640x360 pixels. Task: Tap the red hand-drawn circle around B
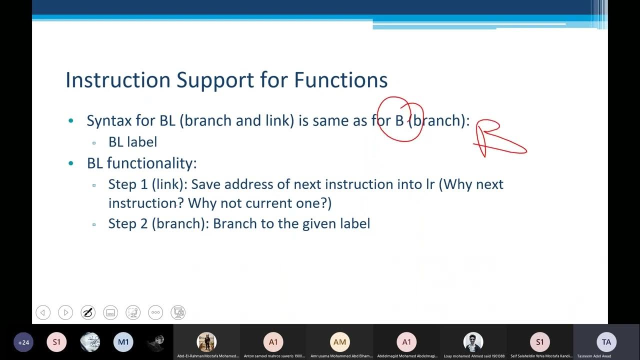coord(400,119)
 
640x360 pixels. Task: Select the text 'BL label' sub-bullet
coord(132,142)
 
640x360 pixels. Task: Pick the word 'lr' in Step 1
coord(430,184)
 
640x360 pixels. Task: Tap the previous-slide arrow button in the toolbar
coord(43,313)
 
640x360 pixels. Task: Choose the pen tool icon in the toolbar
coord(88,313)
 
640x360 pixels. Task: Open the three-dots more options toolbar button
coord(155,313)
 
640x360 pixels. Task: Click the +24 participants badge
coord(23,342)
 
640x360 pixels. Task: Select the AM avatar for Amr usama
coord(339,342)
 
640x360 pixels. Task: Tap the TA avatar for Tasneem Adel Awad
coord(606,342)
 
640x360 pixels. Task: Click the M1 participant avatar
coord(123,342)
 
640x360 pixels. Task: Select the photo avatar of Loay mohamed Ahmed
coord(473,342)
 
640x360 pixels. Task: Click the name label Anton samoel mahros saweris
coord(274,356)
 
